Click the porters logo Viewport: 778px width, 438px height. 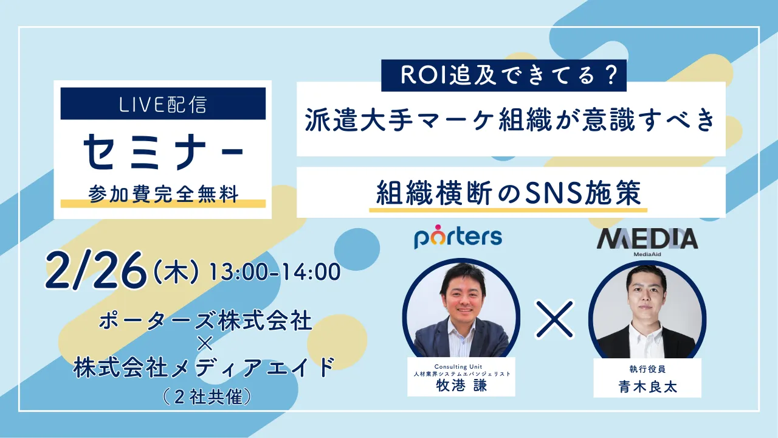tap(458, 237)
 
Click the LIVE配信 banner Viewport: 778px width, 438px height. tap(163, 104)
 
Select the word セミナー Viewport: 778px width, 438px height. tap(163, 151)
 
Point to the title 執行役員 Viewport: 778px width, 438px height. tap(647, 369)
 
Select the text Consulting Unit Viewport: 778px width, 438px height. tap(461, 366)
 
